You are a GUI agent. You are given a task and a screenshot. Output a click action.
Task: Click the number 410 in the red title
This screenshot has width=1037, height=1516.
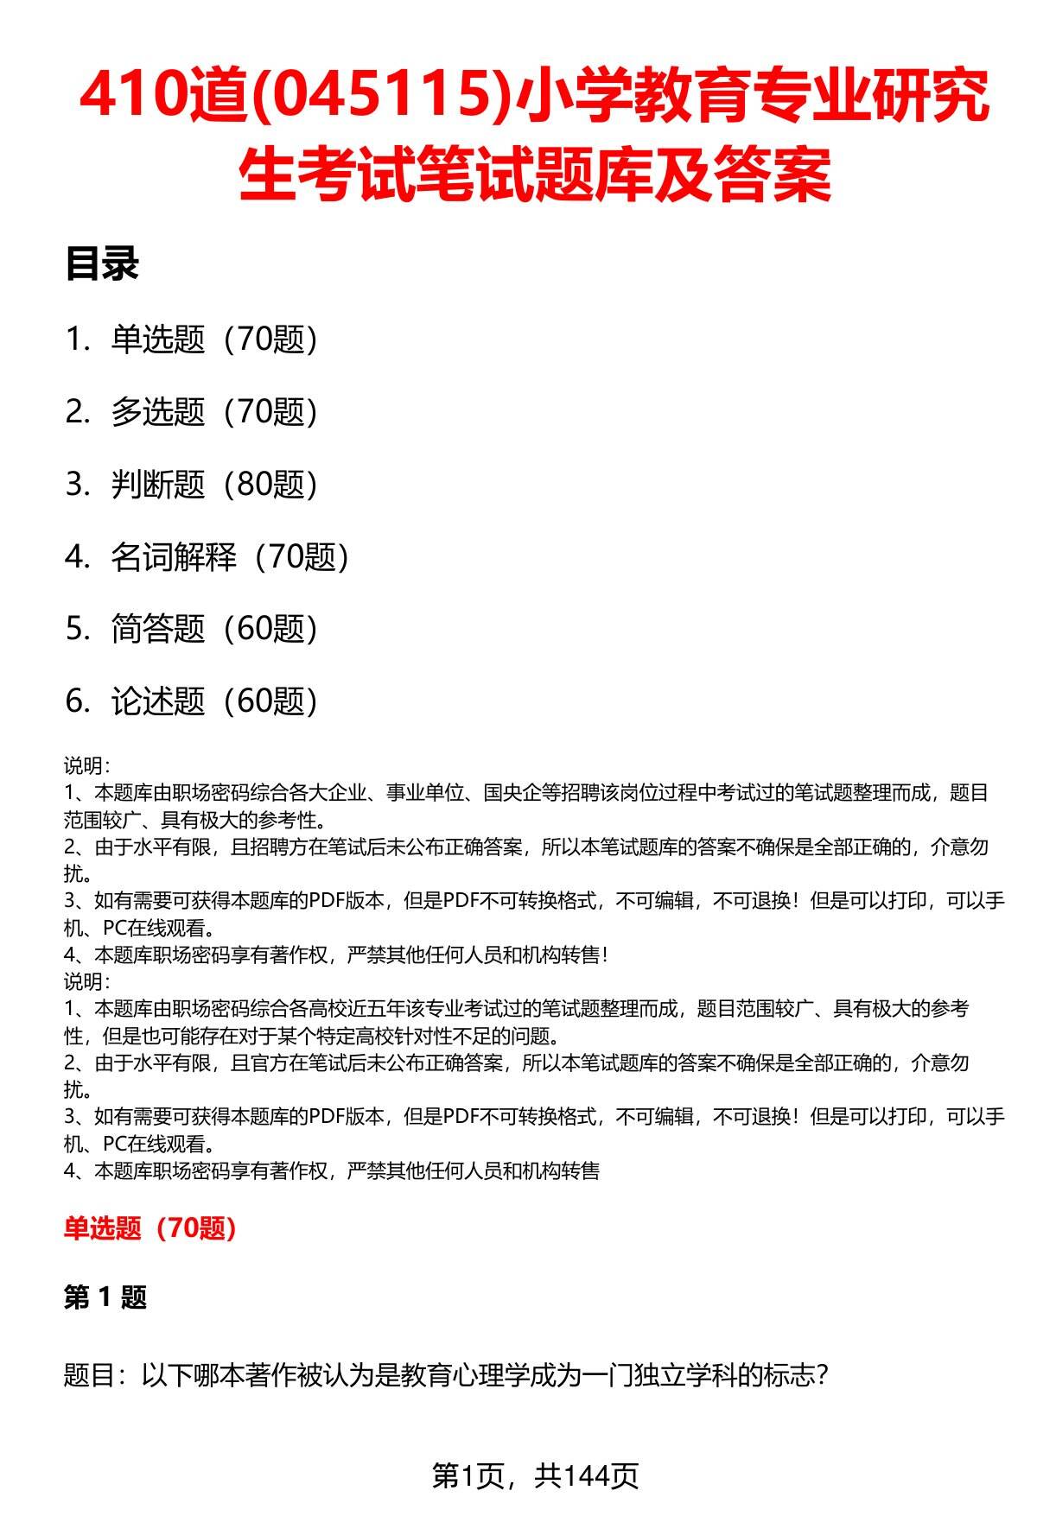pos(130,97)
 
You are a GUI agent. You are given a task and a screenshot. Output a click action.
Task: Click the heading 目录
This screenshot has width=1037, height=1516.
pos(102,264)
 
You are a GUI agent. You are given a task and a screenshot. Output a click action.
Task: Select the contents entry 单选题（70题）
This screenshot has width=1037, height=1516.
pos(213,339)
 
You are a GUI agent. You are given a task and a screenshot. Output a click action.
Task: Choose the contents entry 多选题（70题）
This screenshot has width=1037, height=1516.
pos(213,412)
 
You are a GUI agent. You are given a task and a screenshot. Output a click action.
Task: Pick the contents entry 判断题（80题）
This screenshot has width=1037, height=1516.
pos(213,485)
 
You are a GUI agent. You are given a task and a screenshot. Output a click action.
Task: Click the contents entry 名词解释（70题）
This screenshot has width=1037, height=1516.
pos(229,557)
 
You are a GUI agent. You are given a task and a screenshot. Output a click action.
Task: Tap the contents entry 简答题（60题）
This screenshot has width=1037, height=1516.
pos(213,629)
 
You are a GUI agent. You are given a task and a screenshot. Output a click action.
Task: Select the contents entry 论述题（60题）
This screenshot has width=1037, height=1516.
pos(213,701)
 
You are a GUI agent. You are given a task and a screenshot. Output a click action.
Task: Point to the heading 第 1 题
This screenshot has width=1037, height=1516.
pos(105,1297)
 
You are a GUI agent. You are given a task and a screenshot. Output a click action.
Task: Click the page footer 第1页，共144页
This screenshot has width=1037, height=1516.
pos(535,1475)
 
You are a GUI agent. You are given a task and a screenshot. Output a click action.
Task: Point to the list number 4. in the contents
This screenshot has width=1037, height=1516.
pos(78,557)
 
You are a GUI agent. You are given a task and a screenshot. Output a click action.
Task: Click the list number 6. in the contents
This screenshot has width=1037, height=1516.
pos(78,701)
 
